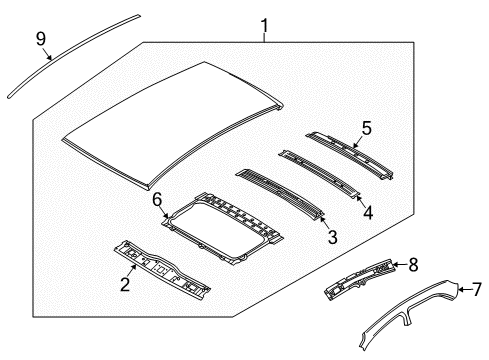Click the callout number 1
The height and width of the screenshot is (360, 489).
point(264,26)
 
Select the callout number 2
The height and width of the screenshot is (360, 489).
point(125,285)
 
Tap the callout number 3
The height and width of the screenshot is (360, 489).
point(332,237)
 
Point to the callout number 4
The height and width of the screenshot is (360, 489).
point(368,212)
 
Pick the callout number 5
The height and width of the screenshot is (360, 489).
point(367,128)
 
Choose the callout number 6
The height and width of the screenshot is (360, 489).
point(157,200)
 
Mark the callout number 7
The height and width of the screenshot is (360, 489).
point(477,289)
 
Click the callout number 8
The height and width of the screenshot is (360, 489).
point(413,265)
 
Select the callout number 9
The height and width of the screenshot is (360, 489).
point(41,39)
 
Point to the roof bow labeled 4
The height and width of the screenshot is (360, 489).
point(320,174)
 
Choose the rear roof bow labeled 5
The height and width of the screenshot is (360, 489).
point(349,155)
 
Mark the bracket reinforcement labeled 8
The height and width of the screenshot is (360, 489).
point(359,279)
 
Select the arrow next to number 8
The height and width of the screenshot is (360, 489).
point(400,265)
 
